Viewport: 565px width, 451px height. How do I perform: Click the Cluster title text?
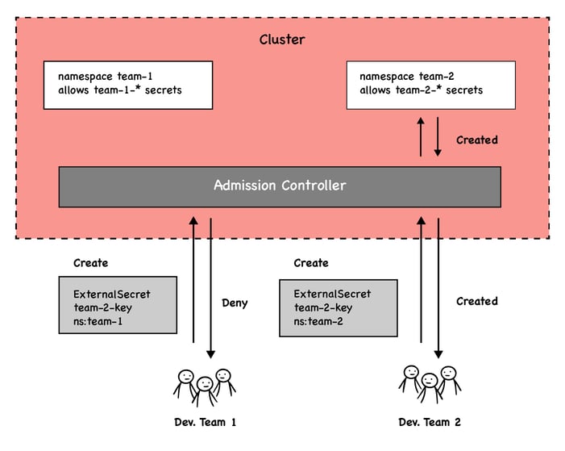(282, 39)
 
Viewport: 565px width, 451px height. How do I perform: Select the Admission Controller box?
(280, 186)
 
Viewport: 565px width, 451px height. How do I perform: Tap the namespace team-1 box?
(127, 85)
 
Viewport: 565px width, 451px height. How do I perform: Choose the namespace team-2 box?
(430, 85)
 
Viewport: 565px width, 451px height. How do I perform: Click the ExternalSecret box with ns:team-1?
(118, 305)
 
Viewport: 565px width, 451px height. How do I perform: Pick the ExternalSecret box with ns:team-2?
(338, 307)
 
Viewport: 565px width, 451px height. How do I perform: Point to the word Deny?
(235, 303)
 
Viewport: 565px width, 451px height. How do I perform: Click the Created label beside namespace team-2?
(476, 140)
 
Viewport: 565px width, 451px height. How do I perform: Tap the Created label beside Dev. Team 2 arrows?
(476, 301)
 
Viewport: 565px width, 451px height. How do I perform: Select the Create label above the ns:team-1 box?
(90, 263)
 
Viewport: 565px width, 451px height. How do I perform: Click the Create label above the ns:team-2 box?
(311, 263)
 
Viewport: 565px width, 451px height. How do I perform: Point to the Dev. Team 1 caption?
(206, 422)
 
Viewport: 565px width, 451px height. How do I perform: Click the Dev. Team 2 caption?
(430, 422)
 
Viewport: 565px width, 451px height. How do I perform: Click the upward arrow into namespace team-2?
(420, 136)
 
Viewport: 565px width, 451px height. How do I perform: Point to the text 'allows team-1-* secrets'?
(120, 90)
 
